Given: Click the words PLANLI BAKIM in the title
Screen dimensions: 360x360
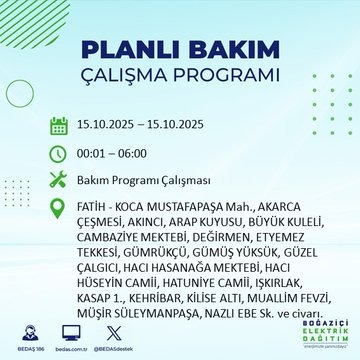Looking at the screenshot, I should click(180, 50).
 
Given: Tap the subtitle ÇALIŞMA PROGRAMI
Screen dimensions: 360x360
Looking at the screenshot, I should click(180, 78).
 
